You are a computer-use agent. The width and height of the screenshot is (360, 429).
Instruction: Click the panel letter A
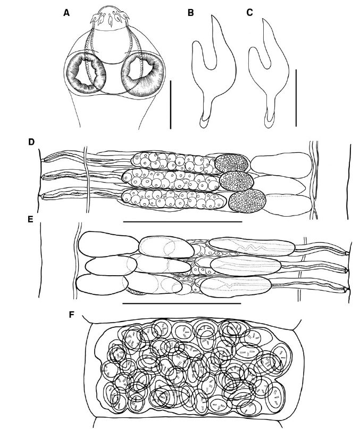click(66, 13)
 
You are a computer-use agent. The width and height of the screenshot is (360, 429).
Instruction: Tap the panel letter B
click(191, 13)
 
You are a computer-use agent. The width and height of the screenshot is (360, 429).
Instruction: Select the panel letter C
click(249, 13)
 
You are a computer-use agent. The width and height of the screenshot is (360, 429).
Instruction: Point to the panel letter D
click(31, 142)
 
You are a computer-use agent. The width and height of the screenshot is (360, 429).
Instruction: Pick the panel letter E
click(31, 219)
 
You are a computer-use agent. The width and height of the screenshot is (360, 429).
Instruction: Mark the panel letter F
click(72, 315)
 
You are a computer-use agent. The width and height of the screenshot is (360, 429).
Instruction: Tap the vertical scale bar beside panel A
click(171, 104)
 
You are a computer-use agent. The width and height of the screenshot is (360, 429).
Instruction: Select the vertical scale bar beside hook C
click(296, 98)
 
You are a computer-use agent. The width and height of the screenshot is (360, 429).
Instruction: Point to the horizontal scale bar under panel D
click(182, 221)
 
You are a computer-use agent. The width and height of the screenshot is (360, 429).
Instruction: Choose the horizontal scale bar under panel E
click(182, 303)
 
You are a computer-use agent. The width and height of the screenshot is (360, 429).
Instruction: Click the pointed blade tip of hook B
click(212, 15)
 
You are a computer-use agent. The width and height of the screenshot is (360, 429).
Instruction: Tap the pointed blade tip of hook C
click(263, 19)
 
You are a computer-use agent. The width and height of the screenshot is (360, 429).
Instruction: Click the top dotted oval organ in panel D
click(231, 163)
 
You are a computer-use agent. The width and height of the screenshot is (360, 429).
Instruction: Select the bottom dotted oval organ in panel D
click(248, 201)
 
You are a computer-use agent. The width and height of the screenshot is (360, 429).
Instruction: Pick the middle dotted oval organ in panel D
click(237, 181)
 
